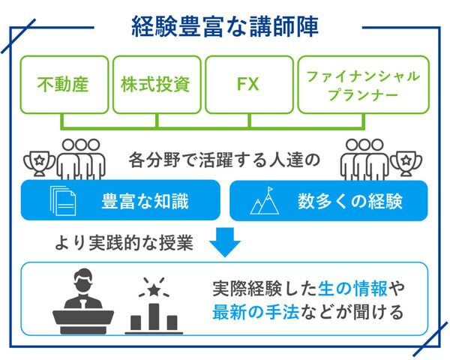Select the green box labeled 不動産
(x=63, y=84)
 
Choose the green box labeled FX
(x=247, y=84)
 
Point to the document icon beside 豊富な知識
(x=63, y=200)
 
